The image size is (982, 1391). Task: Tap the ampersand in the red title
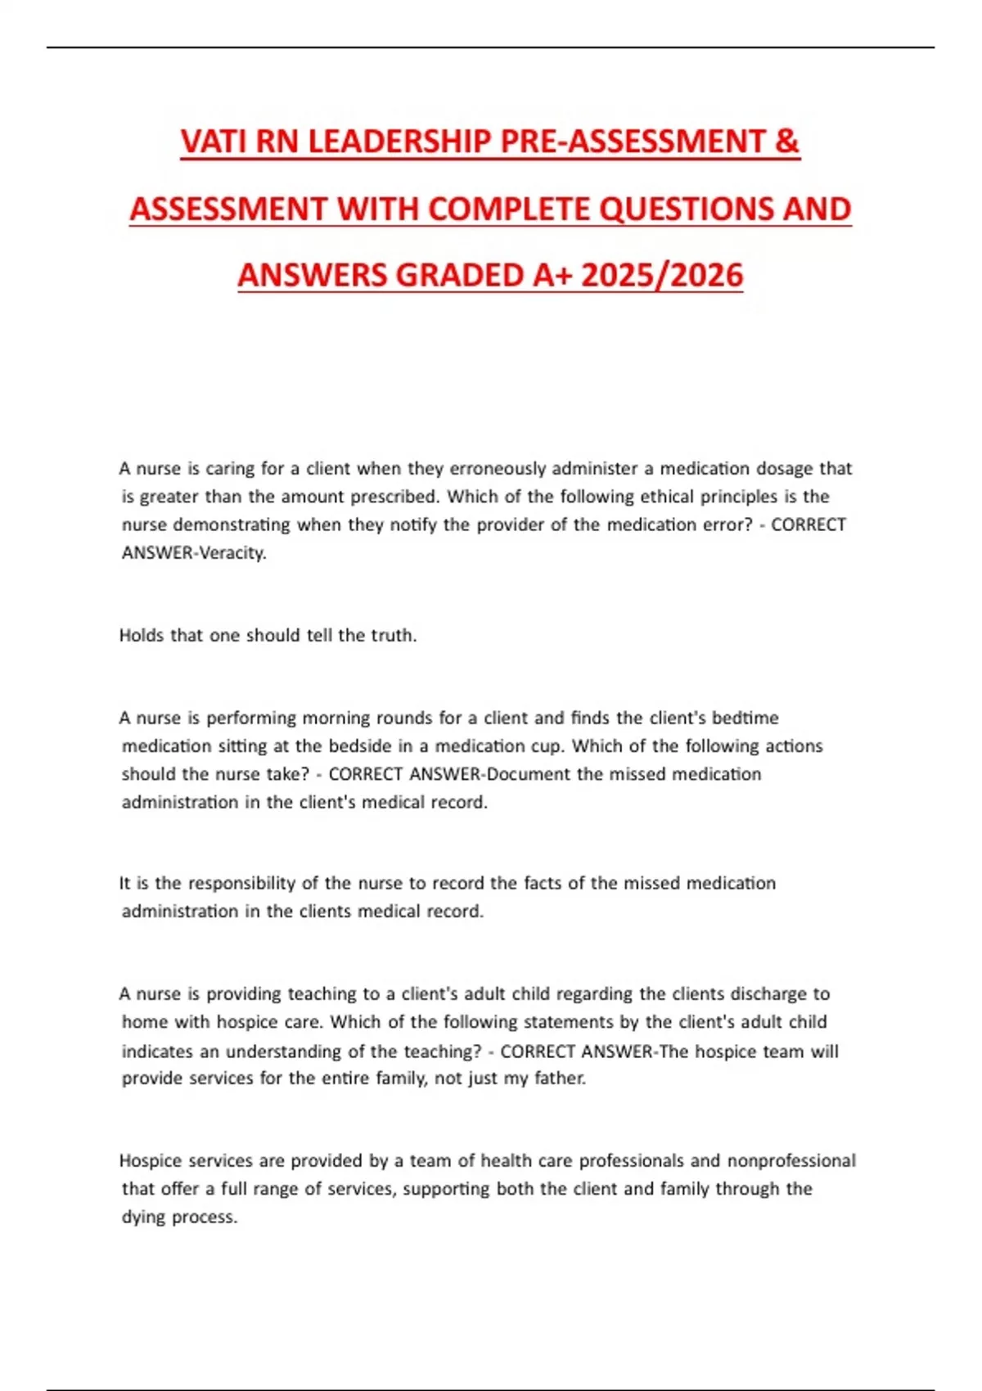785,142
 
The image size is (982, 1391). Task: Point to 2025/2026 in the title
662,275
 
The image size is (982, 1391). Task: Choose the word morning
336,718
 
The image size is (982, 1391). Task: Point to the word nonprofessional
791,1161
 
